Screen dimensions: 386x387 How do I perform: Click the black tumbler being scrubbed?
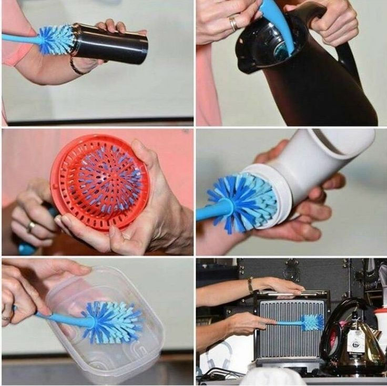[113, 43]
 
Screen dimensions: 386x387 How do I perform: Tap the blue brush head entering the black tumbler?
[57, 40]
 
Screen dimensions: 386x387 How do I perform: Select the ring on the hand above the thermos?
[232, 23]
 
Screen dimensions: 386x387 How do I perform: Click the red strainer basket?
[100, 181]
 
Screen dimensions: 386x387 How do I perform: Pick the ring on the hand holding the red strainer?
[31, 227]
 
